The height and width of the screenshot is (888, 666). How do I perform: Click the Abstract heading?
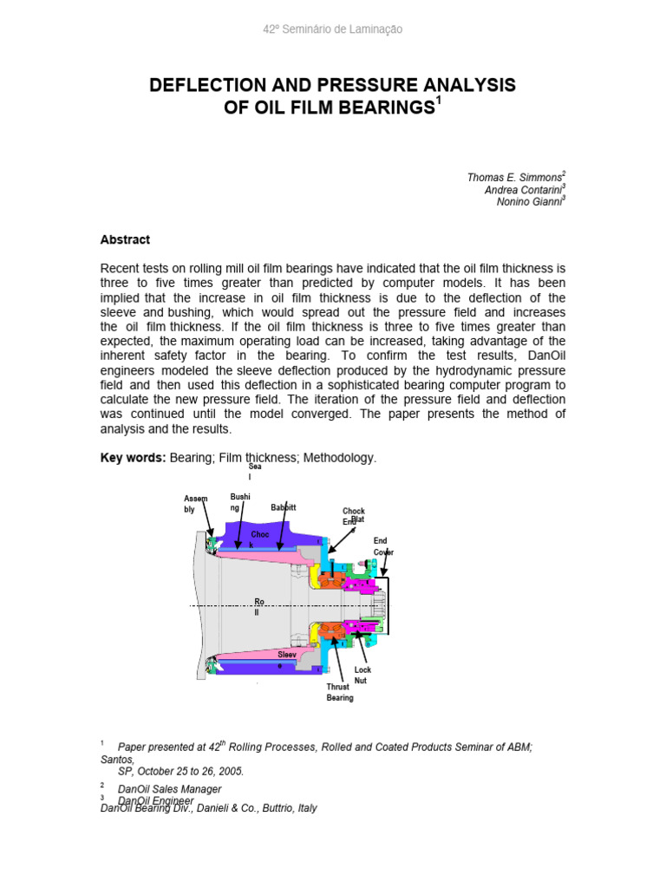pyautogui.click(x=125, y=239)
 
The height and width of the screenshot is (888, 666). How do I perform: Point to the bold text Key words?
pyautogui.click(x=133, y=457)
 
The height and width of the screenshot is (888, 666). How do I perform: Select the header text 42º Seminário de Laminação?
pyautogui.click(x=332, y=29)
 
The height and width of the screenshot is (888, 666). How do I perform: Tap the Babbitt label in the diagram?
pyautogui.click(x=284, y=507)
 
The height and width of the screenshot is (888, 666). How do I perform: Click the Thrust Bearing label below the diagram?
pyautogui.click(x=339, y=692)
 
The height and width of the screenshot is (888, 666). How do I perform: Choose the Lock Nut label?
pyautogui.click(x=362, y=676)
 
